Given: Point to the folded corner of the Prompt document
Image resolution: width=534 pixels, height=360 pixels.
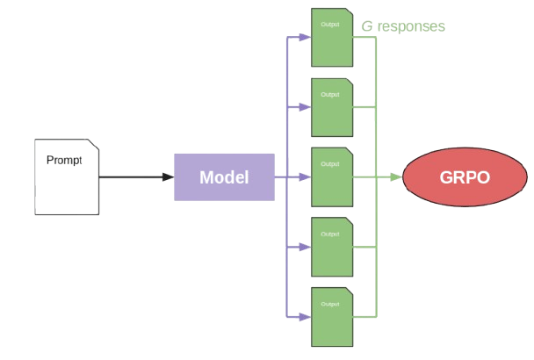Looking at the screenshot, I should pos(92,146).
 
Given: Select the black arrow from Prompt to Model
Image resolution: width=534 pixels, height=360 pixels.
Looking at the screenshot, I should pos(136,177).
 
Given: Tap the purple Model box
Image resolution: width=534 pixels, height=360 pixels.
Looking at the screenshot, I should pos(224,176).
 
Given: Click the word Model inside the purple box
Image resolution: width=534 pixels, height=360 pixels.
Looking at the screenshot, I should pos(224,176).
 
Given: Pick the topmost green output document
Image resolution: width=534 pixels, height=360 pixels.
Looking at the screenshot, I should pos(332,38).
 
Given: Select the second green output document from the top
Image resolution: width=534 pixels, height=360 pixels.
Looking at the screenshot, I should pos(332,107).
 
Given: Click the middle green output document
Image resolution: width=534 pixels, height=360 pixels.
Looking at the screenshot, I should pos(332,176).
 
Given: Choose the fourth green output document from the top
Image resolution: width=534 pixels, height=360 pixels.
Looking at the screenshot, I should pos(332,246).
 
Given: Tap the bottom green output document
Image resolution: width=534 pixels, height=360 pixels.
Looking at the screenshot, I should pos(332,315).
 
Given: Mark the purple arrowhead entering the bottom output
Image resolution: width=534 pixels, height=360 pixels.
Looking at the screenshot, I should pos(305,316).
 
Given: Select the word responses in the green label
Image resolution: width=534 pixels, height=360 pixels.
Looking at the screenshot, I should pos(413,27).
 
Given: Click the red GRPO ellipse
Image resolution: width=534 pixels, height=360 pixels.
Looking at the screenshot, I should pos(456,176).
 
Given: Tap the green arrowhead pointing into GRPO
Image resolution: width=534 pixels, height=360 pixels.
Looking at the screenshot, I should pos(397,177).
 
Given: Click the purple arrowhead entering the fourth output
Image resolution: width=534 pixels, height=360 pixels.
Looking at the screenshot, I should pos(305,247).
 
